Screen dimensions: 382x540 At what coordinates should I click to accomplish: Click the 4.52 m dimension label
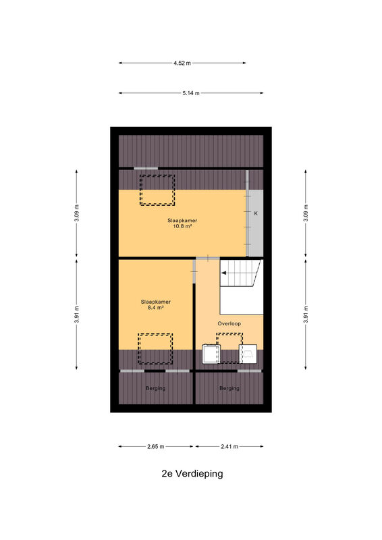point(182,63)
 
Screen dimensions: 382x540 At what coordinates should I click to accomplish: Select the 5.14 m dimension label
point(191,93)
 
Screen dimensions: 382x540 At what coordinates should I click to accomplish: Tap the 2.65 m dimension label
point(156,446)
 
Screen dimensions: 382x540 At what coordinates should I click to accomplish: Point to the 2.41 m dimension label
point(229,446)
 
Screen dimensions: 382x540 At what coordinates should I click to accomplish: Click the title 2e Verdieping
point(192,474)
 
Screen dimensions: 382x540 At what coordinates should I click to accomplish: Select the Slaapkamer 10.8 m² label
point(182,223)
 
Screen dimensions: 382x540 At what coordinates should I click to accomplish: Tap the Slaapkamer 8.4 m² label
point(156,304)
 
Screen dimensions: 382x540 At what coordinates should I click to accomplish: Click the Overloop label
point(229,324)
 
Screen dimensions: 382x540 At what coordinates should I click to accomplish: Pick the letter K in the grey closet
point(256,213)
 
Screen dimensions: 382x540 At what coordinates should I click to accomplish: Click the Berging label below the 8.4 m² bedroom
point(156,388)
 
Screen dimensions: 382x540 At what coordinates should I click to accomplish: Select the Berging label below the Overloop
point(229,388)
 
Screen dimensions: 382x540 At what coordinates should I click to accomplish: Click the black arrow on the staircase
point(224,273)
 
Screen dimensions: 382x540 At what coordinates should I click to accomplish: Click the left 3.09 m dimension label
point(76,213)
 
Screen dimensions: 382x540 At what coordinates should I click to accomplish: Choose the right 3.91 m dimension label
point(306,315)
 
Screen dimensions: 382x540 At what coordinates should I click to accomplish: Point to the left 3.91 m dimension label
point(76,315)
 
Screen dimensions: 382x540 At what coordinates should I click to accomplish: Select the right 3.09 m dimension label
point(306,213)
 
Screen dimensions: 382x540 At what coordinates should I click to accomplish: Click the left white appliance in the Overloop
point(211,354)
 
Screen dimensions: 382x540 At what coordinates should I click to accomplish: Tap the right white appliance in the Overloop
point(248,354)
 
